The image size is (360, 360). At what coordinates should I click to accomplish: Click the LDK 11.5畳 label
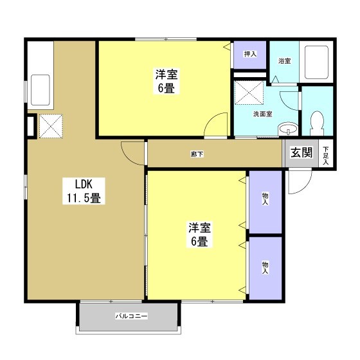[84, 191]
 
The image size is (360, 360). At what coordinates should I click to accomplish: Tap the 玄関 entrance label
[301, 152]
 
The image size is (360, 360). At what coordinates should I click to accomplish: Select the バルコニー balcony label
[131, 316]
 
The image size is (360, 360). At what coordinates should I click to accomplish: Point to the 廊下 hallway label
[197, 154]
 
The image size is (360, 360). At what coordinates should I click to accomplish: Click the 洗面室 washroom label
[263, 114]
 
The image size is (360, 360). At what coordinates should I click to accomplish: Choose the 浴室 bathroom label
[285, 61]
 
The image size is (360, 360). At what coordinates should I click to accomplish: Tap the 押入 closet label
[250, 54]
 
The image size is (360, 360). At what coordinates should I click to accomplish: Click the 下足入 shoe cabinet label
[326, 156]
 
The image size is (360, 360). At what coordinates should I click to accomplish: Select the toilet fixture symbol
[317, 123]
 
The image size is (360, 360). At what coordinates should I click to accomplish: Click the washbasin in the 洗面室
[288, 129]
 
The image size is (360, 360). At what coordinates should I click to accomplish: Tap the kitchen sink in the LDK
[40, 90]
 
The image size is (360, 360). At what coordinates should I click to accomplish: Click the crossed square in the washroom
[249, 93]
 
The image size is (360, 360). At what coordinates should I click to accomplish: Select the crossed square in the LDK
[51, 126]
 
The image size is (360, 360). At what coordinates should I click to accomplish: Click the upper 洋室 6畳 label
[166, 81]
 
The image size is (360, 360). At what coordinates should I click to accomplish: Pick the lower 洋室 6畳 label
[199, 234]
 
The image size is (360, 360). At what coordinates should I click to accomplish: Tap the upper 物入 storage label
[265, 199]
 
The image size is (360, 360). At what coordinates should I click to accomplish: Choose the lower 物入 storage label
[265, 267]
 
